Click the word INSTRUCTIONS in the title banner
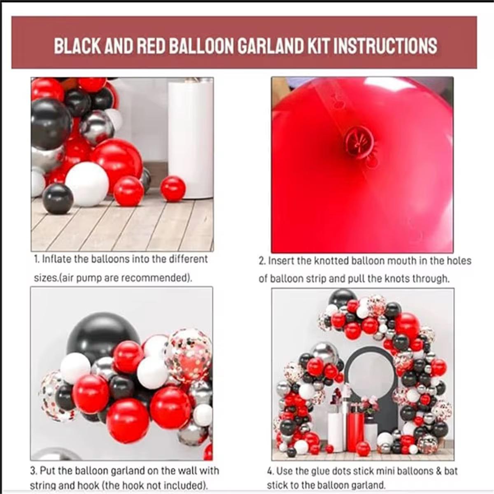pos(385,45)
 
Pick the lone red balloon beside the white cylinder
pos(173,189)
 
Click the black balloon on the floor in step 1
pos(58,199)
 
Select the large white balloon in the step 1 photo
pos(87,184)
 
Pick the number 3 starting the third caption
pos(33,471)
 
